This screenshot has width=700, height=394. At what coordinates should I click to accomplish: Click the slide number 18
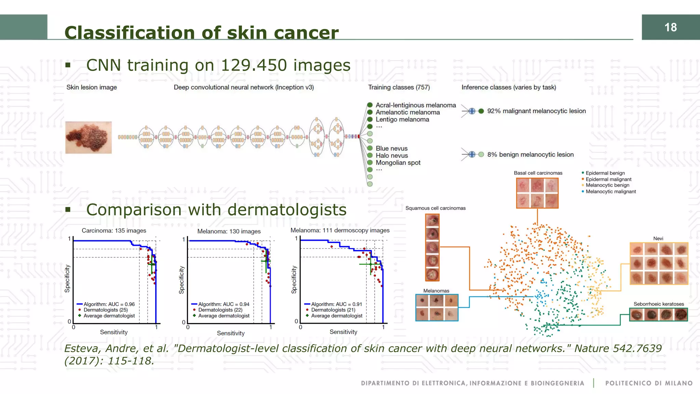[670, 27]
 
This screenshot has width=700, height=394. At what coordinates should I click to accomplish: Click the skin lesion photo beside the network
[89, 137]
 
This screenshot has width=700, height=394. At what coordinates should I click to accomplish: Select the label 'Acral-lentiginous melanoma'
[416, 105]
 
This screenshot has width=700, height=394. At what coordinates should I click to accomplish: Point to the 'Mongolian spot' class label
[398, 163]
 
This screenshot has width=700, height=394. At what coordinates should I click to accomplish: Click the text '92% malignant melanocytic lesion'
[536, 111]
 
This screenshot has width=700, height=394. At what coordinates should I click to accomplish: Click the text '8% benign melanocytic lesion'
[530, 155]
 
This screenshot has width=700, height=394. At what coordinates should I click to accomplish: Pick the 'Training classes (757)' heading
[399, 87]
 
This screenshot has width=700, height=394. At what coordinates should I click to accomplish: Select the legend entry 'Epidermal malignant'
[608, 179]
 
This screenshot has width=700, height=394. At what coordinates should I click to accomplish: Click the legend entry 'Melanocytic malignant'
[610, 192]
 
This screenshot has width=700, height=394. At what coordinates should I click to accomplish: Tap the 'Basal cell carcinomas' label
[538, 173]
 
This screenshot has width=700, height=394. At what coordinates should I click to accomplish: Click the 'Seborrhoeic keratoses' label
[659, 304]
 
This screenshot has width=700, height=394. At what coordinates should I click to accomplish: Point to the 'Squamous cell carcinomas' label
[435, 208]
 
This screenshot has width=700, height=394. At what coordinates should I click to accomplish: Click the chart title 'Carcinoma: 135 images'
[114, 231]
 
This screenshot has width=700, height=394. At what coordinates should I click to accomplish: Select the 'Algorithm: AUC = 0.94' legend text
[224, 304]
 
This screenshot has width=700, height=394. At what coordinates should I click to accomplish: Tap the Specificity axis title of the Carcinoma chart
[67, 279]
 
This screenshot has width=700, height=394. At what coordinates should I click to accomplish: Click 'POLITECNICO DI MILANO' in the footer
[649, 383]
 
